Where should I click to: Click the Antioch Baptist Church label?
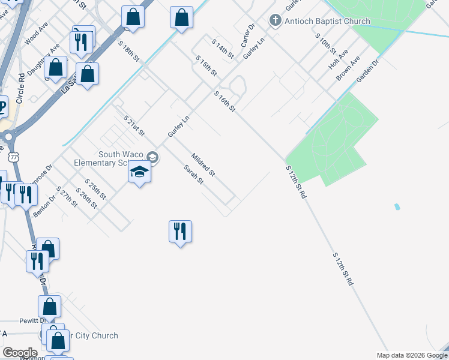pyautogui.click(x=327, y=22)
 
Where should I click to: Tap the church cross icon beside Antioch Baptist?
pyautogui.click(x=276, y=21)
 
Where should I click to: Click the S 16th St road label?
pyautogui.click(x=225, y=101)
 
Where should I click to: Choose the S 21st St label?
pyautogui.click(x=134, y=125)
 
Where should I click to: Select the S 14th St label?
pyautogui.click(x=223, y=48)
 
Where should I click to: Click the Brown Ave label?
pyautogui.click(x=348, y=69)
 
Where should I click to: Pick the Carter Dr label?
pyautogui.click(x=248, y=35)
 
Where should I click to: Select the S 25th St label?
pyautogui.click(x=95, y=189)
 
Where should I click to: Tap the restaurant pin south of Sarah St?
pyautogui.click(x=180, y=231)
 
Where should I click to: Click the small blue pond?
pyautogui.click(x=397, y=207)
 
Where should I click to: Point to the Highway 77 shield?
pyautogui.click(x=13, y=157)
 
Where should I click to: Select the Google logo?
pyautogui.click(x=19, y=353)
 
